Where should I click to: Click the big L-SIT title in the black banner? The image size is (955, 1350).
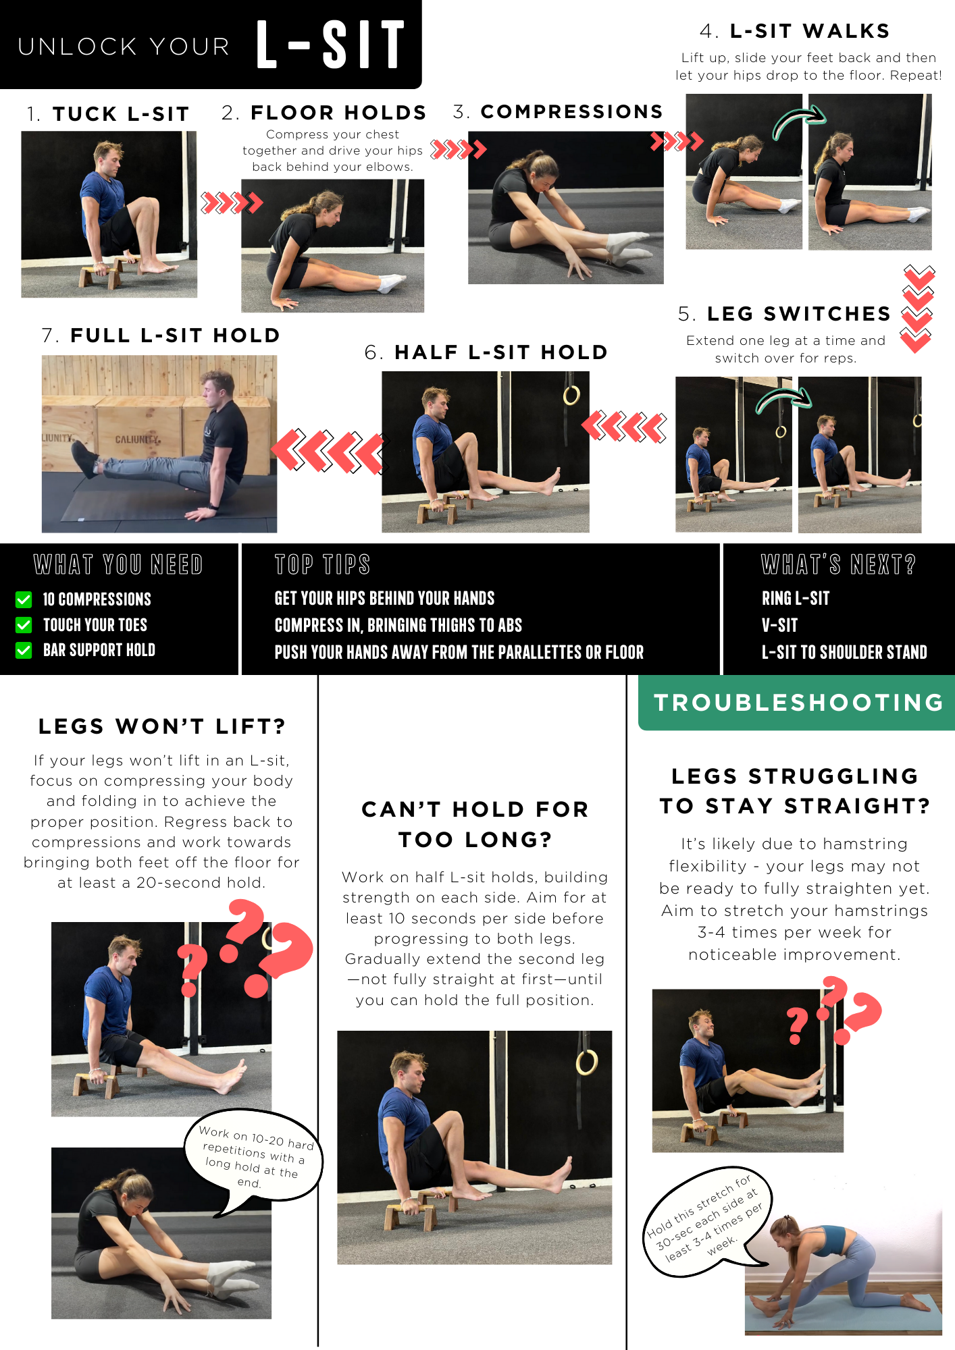click(330, 45)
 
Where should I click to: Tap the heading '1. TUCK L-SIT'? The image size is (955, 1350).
click(108, 114)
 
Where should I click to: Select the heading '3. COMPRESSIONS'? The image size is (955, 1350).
click(558, 111)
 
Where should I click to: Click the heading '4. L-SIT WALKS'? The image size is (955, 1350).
click(795, 31)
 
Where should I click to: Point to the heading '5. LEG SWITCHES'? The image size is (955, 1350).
click(784, 314)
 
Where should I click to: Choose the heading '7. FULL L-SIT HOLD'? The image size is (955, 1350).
click(161, 335)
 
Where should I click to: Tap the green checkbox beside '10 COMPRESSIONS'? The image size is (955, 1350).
click(24, 599)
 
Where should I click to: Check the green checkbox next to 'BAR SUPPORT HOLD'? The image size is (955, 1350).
click(24, 650)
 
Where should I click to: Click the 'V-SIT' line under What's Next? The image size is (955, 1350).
click(780, 625)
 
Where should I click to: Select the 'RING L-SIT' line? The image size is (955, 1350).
click(796, 599)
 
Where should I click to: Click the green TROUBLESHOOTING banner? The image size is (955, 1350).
click(797, 703)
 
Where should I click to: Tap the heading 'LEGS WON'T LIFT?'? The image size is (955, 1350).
click(162, 726)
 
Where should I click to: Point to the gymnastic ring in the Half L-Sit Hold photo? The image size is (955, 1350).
click(571, 395)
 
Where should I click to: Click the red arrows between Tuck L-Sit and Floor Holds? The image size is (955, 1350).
click(232, 202)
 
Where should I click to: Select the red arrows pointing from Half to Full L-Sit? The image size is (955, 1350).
click(328, 450)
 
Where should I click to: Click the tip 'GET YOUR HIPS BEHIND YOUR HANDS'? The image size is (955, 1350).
click(384, 599)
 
